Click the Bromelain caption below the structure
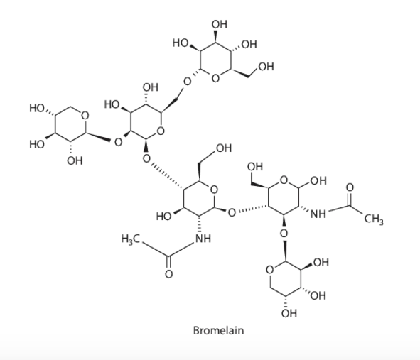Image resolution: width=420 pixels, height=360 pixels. (x=218, y=331)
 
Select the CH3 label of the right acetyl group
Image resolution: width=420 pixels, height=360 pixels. (x=374, y=219)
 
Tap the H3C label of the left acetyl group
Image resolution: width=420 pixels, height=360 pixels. (x=131, y=239)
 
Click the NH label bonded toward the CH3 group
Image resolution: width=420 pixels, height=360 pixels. (x=318, y=214)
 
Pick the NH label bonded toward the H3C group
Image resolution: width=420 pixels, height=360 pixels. (x=203, y=239)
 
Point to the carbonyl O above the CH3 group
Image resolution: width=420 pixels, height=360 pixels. (x=350, y=187)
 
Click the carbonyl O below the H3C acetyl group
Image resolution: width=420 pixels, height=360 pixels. (x=168, y=274)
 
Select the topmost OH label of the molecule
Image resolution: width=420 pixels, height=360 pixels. (x=220, y=24)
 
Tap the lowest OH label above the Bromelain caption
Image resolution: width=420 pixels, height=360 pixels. (x=289, y=313)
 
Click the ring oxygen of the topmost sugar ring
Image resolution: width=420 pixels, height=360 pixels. (x=215, y=78)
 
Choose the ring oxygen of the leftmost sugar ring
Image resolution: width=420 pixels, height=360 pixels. (x=85, y=116)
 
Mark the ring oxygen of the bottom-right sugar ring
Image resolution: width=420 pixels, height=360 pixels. (x=270, y=270)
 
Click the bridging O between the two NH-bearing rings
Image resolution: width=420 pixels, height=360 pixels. (x=232, y=213)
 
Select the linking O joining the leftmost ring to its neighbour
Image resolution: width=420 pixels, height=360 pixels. (x=118, y=142)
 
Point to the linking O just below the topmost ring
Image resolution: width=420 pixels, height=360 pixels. (x=187, y=82)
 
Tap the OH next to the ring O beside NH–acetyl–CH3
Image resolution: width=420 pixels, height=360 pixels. (x=318, y=181)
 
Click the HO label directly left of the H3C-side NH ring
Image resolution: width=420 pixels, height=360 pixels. (x=164, y=217)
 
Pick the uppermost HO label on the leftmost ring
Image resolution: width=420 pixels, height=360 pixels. (x=37, y=109)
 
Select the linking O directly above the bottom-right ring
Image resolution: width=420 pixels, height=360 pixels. (x=284, y=234)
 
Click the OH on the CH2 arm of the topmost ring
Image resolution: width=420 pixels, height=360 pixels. (x=266, y=67)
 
